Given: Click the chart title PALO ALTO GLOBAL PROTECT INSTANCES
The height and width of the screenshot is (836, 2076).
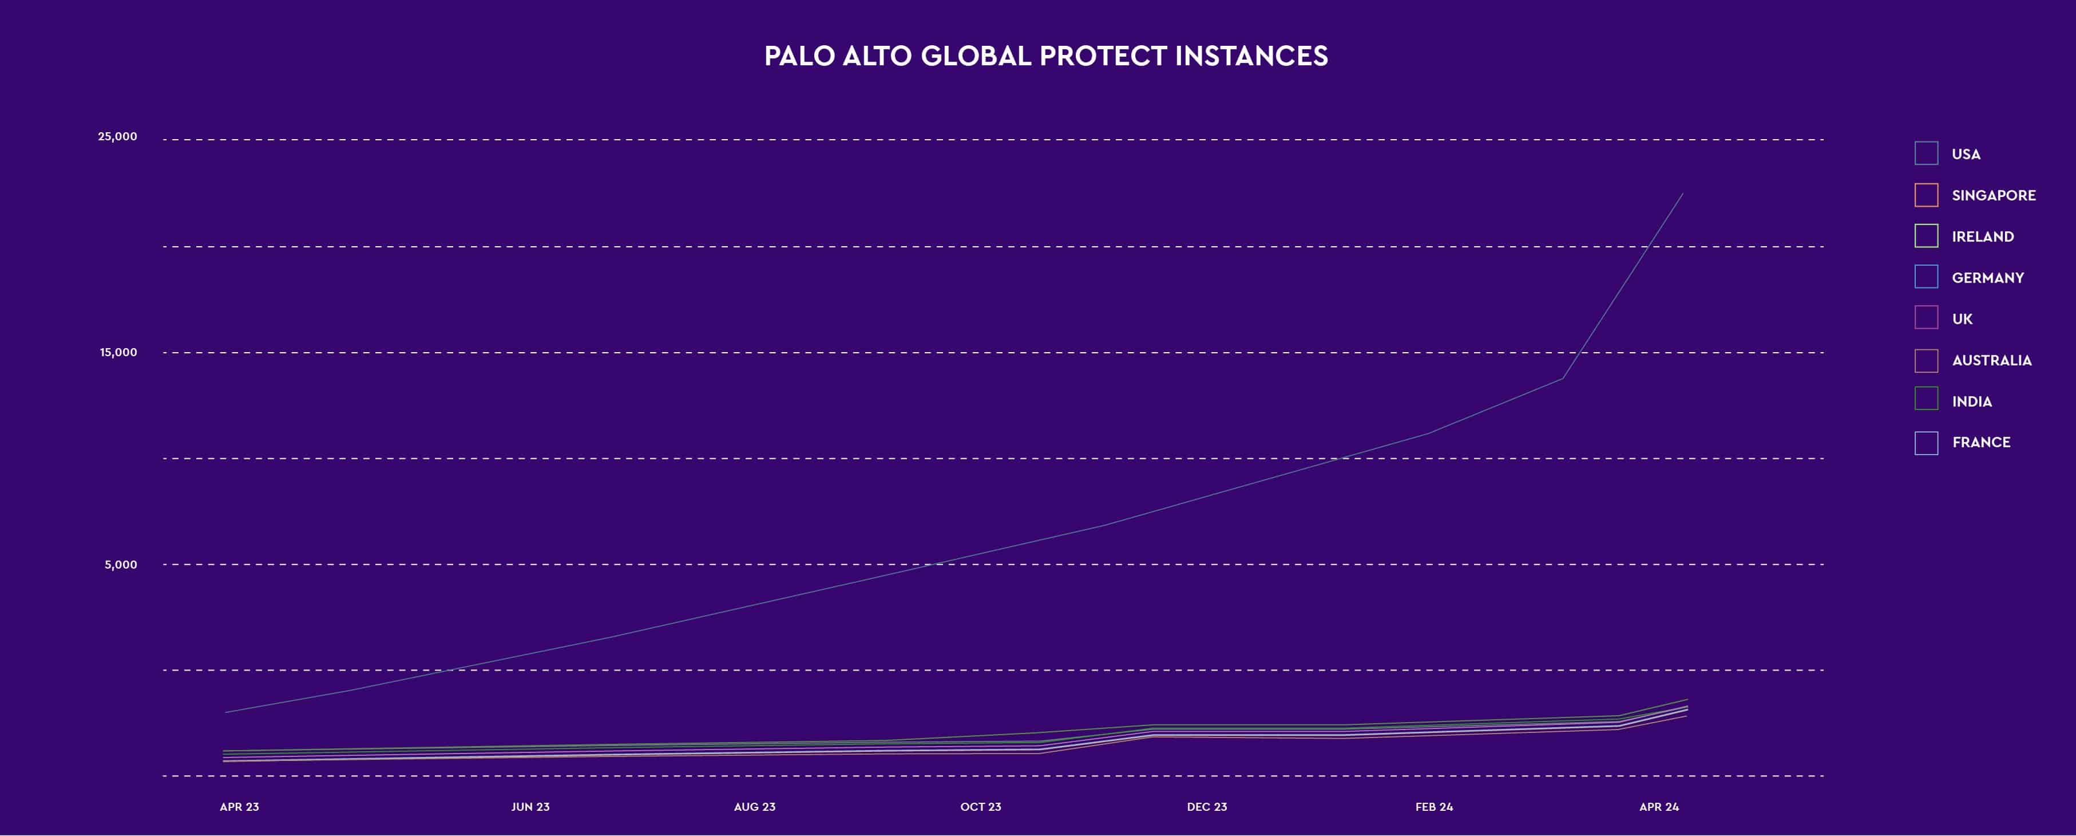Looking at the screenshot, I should click(1045, 56).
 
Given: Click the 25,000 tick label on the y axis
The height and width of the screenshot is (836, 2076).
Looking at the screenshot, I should click(118, 136).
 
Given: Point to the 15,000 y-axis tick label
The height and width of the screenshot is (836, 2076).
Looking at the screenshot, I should click(118, 352).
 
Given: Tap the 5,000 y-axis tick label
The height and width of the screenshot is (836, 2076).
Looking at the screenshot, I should click(121, 565).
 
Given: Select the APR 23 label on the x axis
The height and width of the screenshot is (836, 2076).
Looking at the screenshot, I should click(239, 806).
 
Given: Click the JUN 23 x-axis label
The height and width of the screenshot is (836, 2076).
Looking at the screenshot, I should click(530, 806).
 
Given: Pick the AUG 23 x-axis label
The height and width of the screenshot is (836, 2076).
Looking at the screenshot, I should click(754, 806).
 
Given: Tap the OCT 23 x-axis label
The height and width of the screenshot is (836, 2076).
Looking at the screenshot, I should click(981, 806).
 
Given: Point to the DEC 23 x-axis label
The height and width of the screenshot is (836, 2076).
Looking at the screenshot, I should click(1206, 806).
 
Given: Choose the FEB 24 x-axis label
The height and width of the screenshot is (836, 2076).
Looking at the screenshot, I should click(1434, 806).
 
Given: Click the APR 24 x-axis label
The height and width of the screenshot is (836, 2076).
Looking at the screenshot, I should click(1658, 806).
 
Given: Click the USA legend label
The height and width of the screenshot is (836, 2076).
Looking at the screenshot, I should click(1966, 154).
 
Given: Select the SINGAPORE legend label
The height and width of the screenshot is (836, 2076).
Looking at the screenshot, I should click(1993, 195).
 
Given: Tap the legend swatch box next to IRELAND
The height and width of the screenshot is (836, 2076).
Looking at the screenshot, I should click(1926, 235).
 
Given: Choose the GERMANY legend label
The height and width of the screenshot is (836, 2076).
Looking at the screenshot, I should click(1987, 277).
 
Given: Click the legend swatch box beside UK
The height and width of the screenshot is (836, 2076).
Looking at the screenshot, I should click(1926, 318).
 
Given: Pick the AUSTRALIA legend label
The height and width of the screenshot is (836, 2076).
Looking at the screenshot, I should click(1991, 360).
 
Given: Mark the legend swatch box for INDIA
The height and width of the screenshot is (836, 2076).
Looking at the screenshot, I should click(1926, 400).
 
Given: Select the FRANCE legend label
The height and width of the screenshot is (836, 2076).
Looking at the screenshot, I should click(1981, 442).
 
